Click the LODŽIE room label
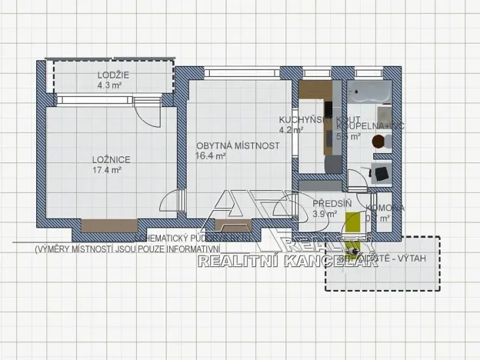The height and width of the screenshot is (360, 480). (x=113, y=75)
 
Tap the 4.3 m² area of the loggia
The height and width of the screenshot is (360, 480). (x=110, y=85)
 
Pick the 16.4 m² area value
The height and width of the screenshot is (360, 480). (x=211, y=156)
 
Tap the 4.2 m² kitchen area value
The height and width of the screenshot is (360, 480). (x=291, y=131)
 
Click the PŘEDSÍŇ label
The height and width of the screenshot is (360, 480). (x=332, y=203)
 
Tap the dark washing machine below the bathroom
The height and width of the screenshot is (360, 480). (x=380, y=173)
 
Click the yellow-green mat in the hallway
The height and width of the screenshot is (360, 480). (x=353, y=223)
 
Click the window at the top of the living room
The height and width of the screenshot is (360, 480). (x=239, y=73)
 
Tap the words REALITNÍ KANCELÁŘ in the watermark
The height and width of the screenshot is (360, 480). (x=276, y=262)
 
